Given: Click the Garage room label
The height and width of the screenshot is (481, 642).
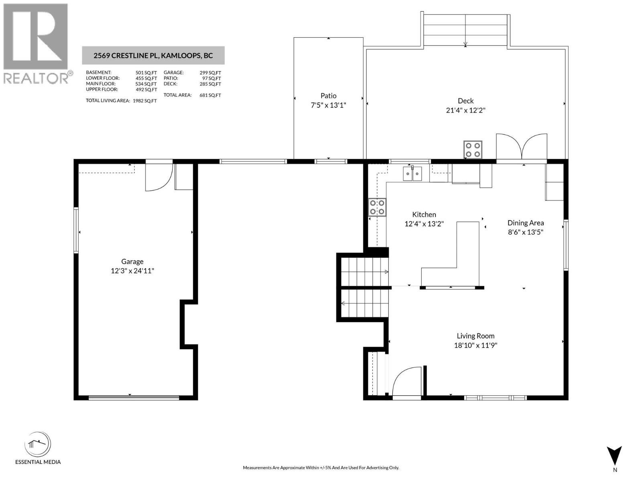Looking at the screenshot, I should tap(132, 262).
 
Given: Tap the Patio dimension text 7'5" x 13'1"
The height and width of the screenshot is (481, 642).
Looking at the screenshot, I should tap(328, 105).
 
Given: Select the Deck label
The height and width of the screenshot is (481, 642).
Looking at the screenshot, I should tap(465, 101).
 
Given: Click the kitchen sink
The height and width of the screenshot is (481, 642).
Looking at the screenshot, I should tap(412, 174).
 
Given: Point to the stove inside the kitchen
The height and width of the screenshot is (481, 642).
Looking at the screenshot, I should tap(377, 207).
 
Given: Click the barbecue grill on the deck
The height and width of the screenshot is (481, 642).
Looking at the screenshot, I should tap(473, 150).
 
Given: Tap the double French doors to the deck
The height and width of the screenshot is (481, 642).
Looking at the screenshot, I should tap(522, 148).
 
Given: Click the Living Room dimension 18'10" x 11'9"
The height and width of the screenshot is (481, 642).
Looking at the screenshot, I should tap(475, 346).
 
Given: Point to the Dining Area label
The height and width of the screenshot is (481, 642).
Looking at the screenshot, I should tap(526, 223).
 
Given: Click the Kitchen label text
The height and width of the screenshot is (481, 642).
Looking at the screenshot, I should tap(424, 214).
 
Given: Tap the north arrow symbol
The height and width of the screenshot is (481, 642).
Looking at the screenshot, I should tap(614, 456).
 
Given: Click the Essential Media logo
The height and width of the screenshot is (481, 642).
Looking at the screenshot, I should tap(38, 445).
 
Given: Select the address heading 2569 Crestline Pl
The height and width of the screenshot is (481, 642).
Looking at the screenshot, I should tap(153, 56).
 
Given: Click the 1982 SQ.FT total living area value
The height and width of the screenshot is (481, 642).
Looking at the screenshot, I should tap(144, 101).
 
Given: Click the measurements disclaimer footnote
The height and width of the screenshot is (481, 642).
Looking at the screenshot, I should tap(321, 468).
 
